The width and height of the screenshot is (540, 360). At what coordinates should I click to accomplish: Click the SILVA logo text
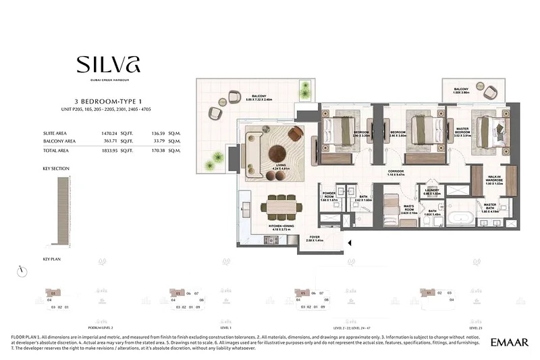click(108, 65)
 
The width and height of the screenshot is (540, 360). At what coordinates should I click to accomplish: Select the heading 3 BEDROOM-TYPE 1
click(108, 102)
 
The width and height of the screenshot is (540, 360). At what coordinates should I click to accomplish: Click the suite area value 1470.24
click(108, 134)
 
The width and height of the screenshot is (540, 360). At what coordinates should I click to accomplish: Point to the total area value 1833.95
click(108, 151)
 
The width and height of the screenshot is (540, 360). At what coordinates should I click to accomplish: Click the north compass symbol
click(24, 270)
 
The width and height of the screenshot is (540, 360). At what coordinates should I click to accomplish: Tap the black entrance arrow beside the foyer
click(349, 241)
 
